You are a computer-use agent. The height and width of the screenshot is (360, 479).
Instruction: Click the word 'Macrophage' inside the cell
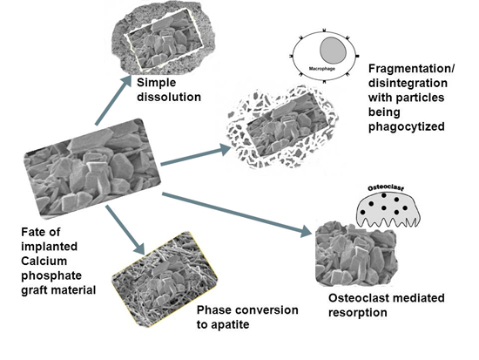tap(322, 69)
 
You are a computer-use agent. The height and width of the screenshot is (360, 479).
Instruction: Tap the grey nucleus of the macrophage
tap(334, 51)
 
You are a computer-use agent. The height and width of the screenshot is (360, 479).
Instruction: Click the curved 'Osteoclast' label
tap(386, 187)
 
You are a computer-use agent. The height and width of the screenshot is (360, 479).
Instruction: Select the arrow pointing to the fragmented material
tap(195, 156)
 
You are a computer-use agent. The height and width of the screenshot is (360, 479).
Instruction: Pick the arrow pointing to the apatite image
tap(125, 229)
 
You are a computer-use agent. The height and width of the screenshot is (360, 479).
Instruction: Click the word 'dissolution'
tap(169, 97)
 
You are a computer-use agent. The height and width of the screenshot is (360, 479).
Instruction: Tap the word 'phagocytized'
tap(407, 126)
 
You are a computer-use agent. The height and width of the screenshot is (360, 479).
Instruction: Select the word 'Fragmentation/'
tap(411, 69)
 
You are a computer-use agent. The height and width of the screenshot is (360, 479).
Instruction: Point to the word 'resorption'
tap(358, 313)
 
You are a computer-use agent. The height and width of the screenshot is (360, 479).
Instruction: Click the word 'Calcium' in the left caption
tap(44, 261)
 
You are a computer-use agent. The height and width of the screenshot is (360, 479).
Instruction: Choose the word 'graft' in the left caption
tap(35, 290)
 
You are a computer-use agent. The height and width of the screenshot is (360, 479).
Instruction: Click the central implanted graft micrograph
tap(92, 168)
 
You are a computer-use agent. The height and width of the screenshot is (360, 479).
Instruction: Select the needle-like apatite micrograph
tap(165, 279)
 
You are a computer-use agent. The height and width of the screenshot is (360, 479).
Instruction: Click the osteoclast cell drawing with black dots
tap(388, 209)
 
